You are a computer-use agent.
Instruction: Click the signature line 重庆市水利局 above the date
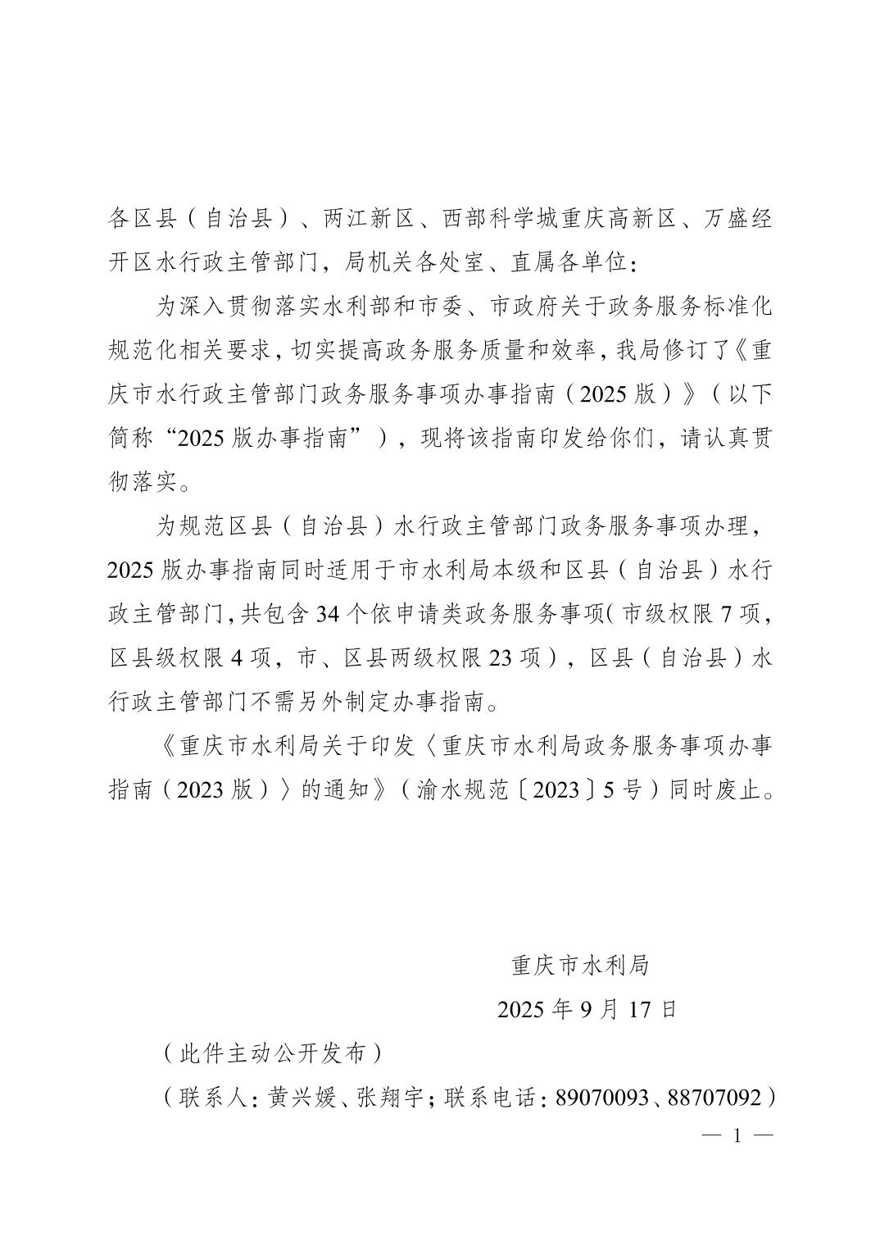click(580, 966)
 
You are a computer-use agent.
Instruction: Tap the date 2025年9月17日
click(587, 1009)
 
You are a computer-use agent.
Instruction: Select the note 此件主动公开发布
click(273, 1053)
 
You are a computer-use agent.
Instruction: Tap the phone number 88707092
click(714, 1098)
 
